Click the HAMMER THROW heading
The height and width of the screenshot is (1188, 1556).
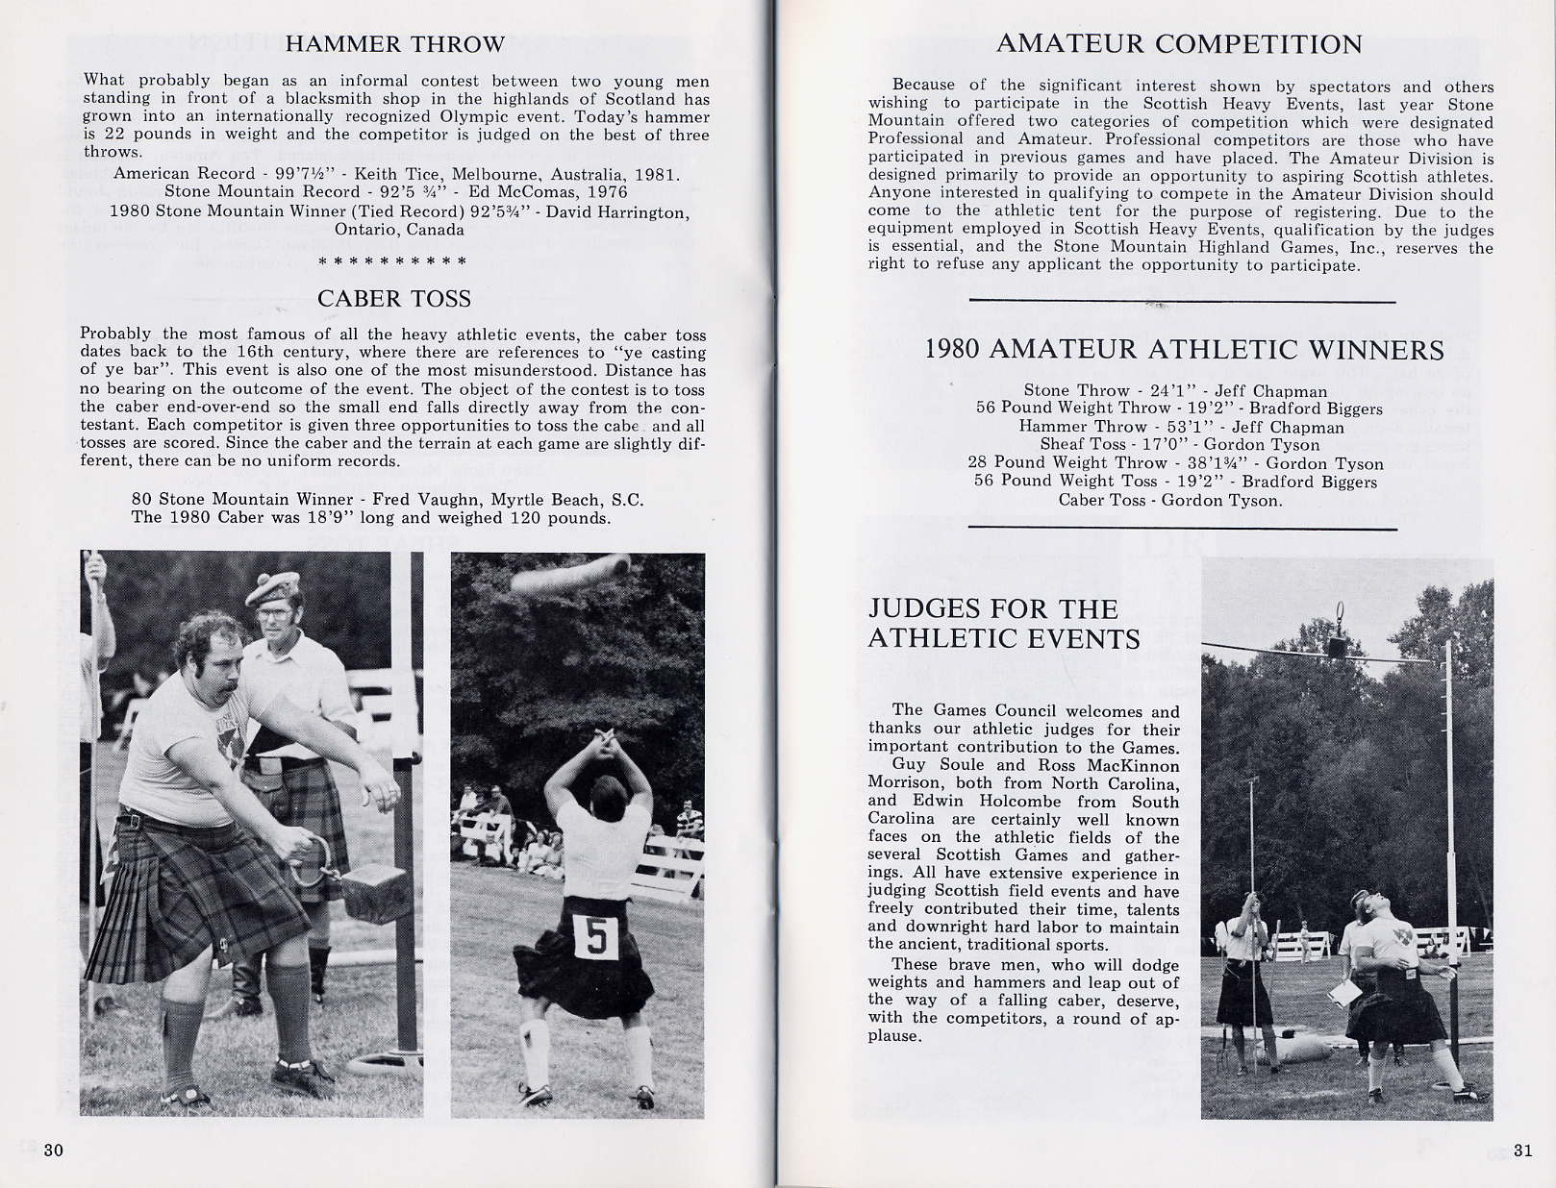pos(394,44)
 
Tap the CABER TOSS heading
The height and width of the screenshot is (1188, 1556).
pos(394,299)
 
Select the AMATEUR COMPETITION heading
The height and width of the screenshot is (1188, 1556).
pos(1179,44)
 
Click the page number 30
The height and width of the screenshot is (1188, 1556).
pos(54,1151)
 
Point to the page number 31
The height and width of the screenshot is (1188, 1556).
pos(1522,1151)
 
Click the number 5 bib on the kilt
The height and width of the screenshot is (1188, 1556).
pos(595,938)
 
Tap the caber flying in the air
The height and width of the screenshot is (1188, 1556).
pos(569,575)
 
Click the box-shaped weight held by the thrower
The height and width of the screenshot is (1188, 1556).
pos(375,893)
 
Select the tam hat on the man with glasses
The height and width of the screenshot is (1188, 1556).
pos(273,588)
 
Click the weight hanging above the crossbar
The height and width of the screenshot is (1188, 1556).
pos(1338,647)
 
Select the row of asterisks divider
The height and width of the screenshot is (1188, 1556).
pos(392,261)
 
